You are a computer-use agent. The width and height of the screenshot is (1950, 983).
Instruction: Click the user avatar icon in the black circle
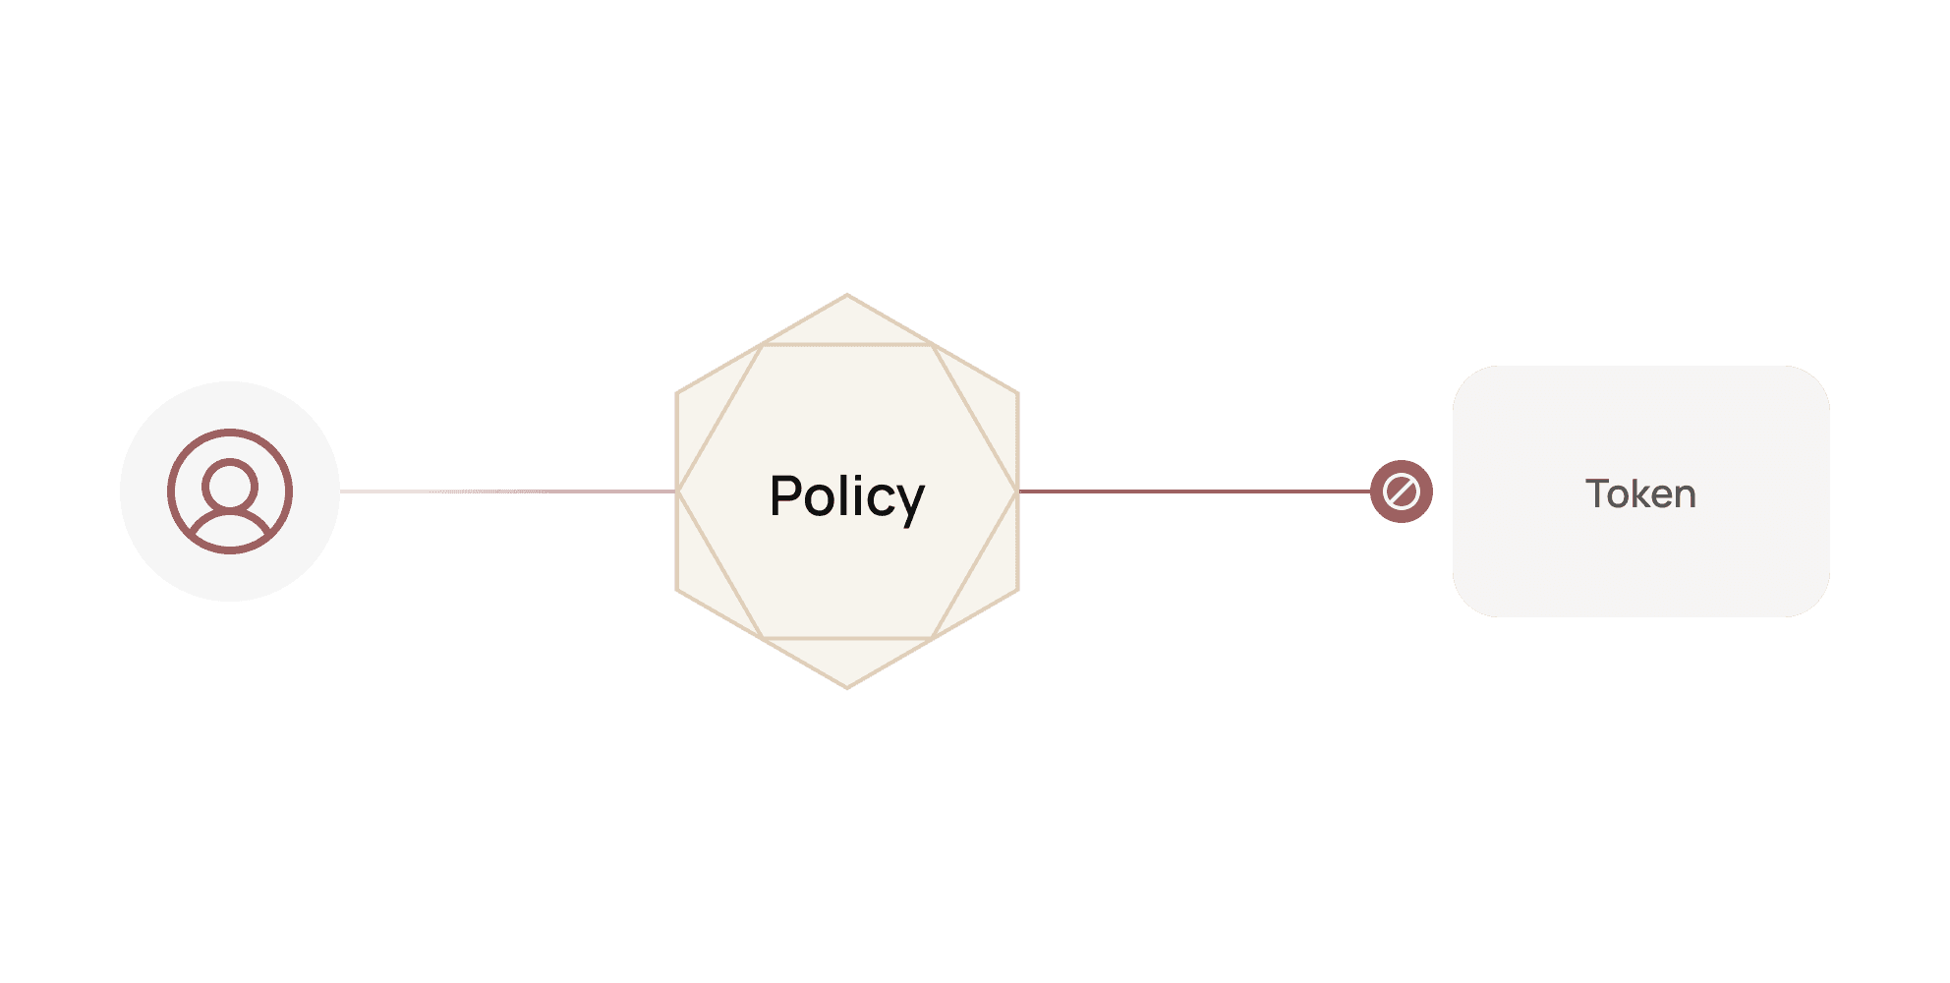coord(230,491)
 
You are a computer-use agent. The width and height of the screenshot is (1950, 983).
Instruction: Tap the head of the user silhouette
coord(230,484)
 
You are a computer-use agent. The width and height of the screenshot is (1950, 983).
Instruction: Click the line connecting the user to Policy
coord(507,491)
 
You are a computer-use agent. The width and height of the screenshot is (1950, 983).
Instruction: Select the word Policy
coord(846,495)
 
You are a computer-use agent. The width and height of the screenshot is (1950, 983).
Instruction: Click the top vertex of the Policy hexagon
coord(847,295)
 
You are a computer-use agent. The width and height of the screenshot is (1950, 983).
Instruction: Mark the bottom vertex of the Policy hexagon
coord(847,688)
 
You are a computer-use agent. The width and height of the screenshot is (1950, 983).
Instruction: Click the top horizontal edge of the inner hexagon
coord(847,345)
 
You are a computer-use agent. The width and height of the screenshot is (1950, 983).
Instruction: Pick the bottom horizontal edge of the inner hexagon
coord(847,638)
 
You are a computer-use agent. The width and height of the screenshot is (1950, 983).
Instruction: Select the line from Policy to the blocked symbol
coord(1194,491)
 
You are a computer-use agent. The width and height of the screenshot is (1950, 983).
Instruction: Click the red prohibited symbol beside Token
coord(1401,491)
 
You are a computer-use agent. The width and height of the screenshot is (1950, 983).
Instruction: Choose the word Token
coord(1640,493)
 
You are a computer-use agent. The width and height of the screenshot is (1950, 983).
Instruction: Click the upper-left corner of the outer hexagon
coord(677,393)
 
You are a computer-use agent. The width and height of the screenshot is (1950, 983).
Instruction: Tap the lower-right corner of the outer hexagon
coord(1017,590)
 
